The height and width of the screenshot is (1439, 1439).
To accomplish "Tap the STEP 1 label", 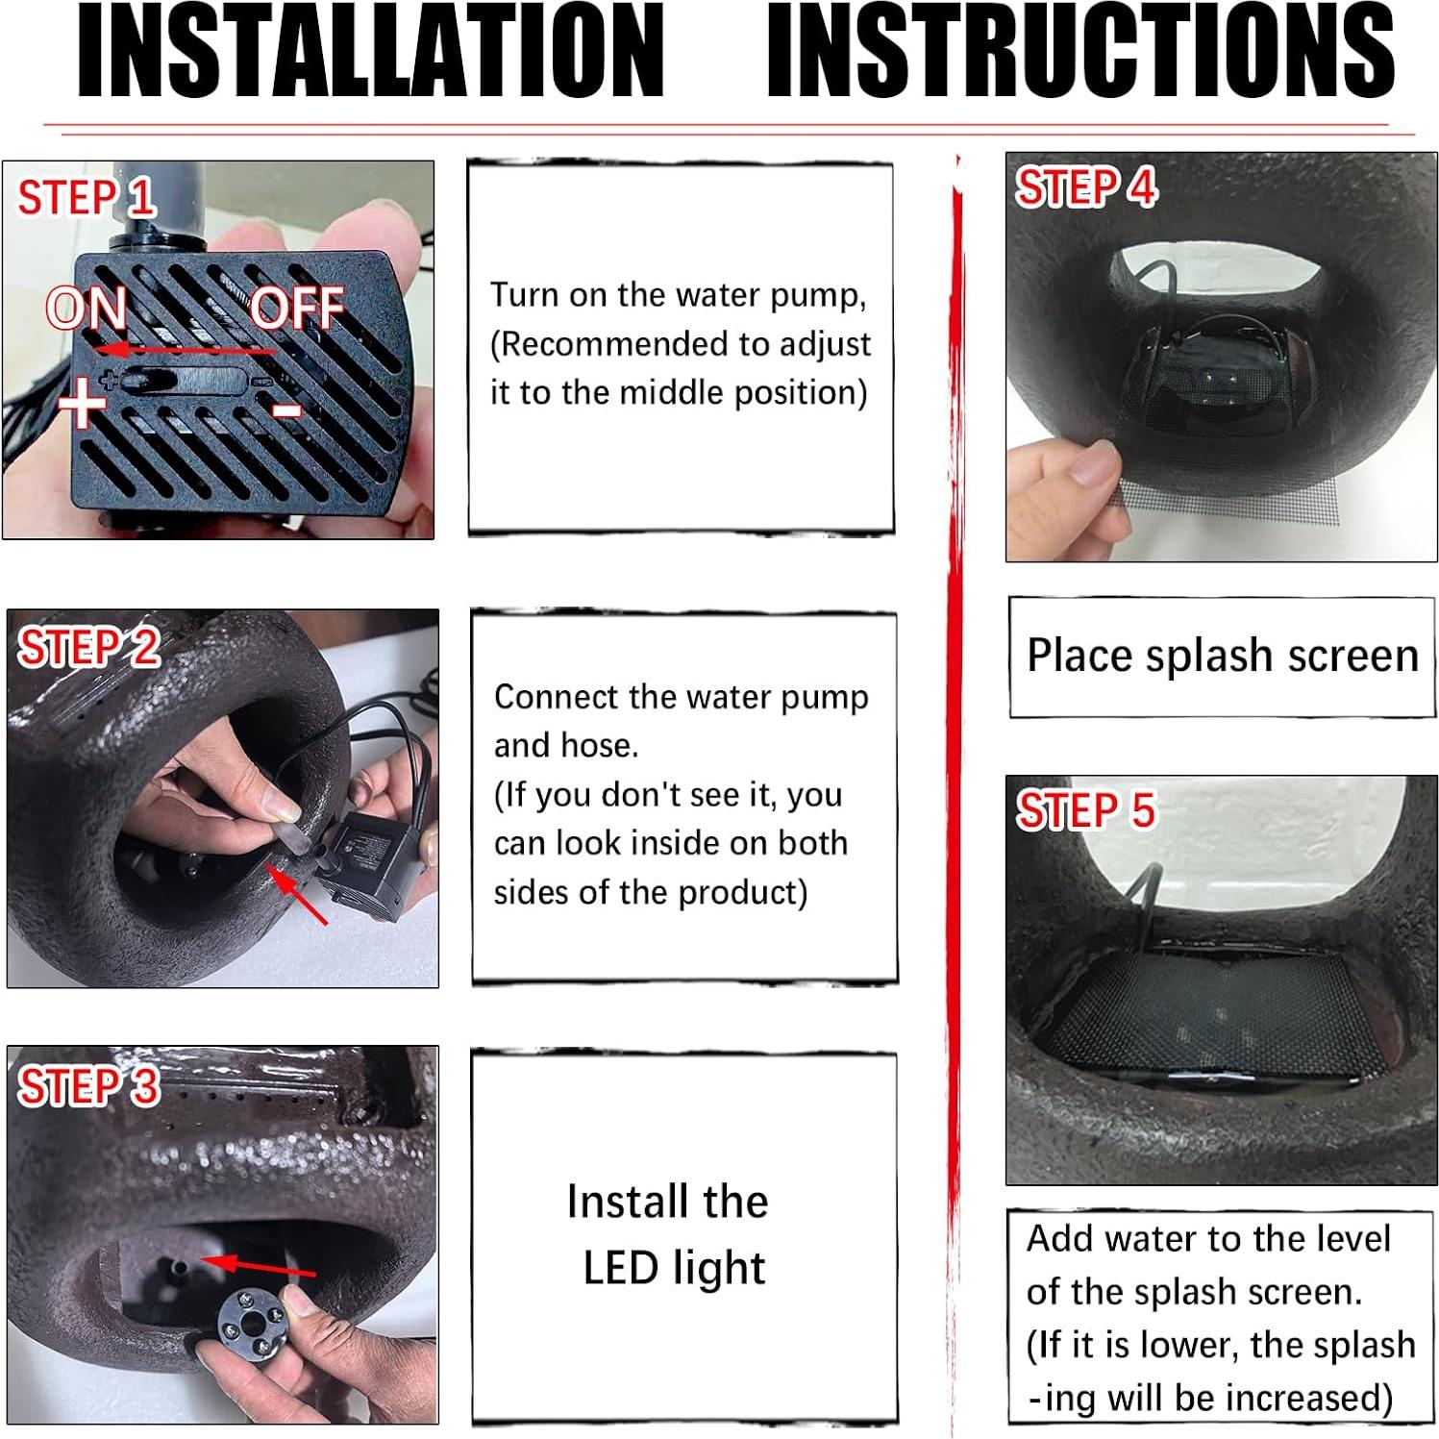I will pyautogui.click(x=87, y=198).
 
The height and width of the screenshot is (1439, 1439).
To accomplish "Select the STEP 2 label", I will pyautogui.click(x=88, y=647).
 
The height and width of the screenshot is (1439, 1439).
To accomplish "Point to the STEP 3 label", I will pyautogui.click(x=88, y=1086).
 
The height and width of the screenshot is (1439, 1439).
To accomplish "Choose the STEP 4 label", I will pyautogui.click(x=1086, y=187).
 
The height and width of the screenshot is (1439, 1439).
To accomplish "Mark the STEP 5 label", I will pyautogui.click(x=1086, y=810).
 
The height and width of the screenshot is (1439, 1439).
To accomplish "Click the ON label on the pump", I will pyautogui.click(x=87, y=309).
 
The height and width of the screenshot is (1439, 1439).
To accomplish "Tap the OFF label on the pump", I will pyautogui.click(x=297, y=309).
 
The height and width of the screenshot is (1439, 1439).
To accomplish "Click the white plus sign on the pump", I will pyautogui.click(x=83, y=401).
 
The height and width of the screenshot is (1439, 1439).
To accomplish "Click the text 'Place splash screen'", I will pyautogui.click(x=1222, y=656).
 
